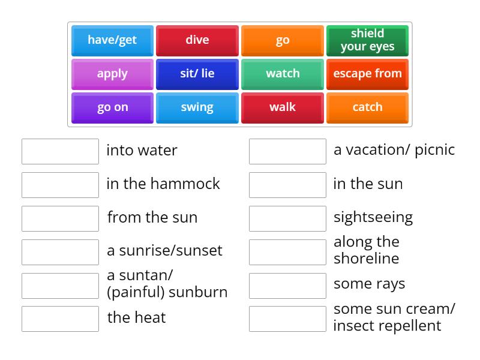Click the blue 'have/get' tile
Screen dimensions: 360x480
tap(112, 40)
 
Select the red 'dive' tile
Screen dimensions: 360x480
tap(197, 40)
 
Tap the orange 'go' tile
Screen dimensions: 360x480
tap(283, 40)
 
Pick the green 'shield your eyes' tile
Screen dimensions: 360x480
tap(367, 40)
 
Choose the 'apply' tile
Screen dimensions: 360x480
tap(112, 74)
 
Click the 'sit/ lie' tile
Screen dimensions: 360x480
tap(197, 74)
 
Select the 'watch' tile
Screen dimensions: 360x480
tap(283, 74)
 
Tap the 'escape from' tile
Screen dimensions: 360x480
tap(367, 74)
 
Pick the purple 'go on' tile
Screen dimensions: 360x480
tap(112, 107)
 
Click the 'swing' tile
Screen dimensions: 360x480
tap(197, 107)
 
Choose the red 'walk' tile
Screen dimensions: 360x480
tap(283, 107)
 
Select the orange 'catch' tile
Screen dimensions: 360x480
tap(367, 107)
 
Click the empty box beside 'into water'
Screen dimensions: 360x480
tap(60, 151)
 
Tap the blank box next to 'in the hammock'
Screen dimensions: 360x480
tap(60, 185)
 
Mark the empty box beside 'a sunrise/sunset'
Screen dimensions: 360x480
tap(60, 252)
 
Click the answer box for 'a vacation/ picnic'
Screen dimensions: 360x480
tap(287, 151)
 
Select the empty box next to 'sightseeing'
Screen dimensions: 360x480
tap(287, 218)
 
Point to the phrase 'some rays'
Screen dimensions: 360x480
tap(369, 284)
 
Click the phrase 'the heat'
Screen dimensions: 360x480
tap(136, 317)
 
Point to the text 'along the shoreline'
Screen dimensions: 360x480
tap(366, 250)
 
